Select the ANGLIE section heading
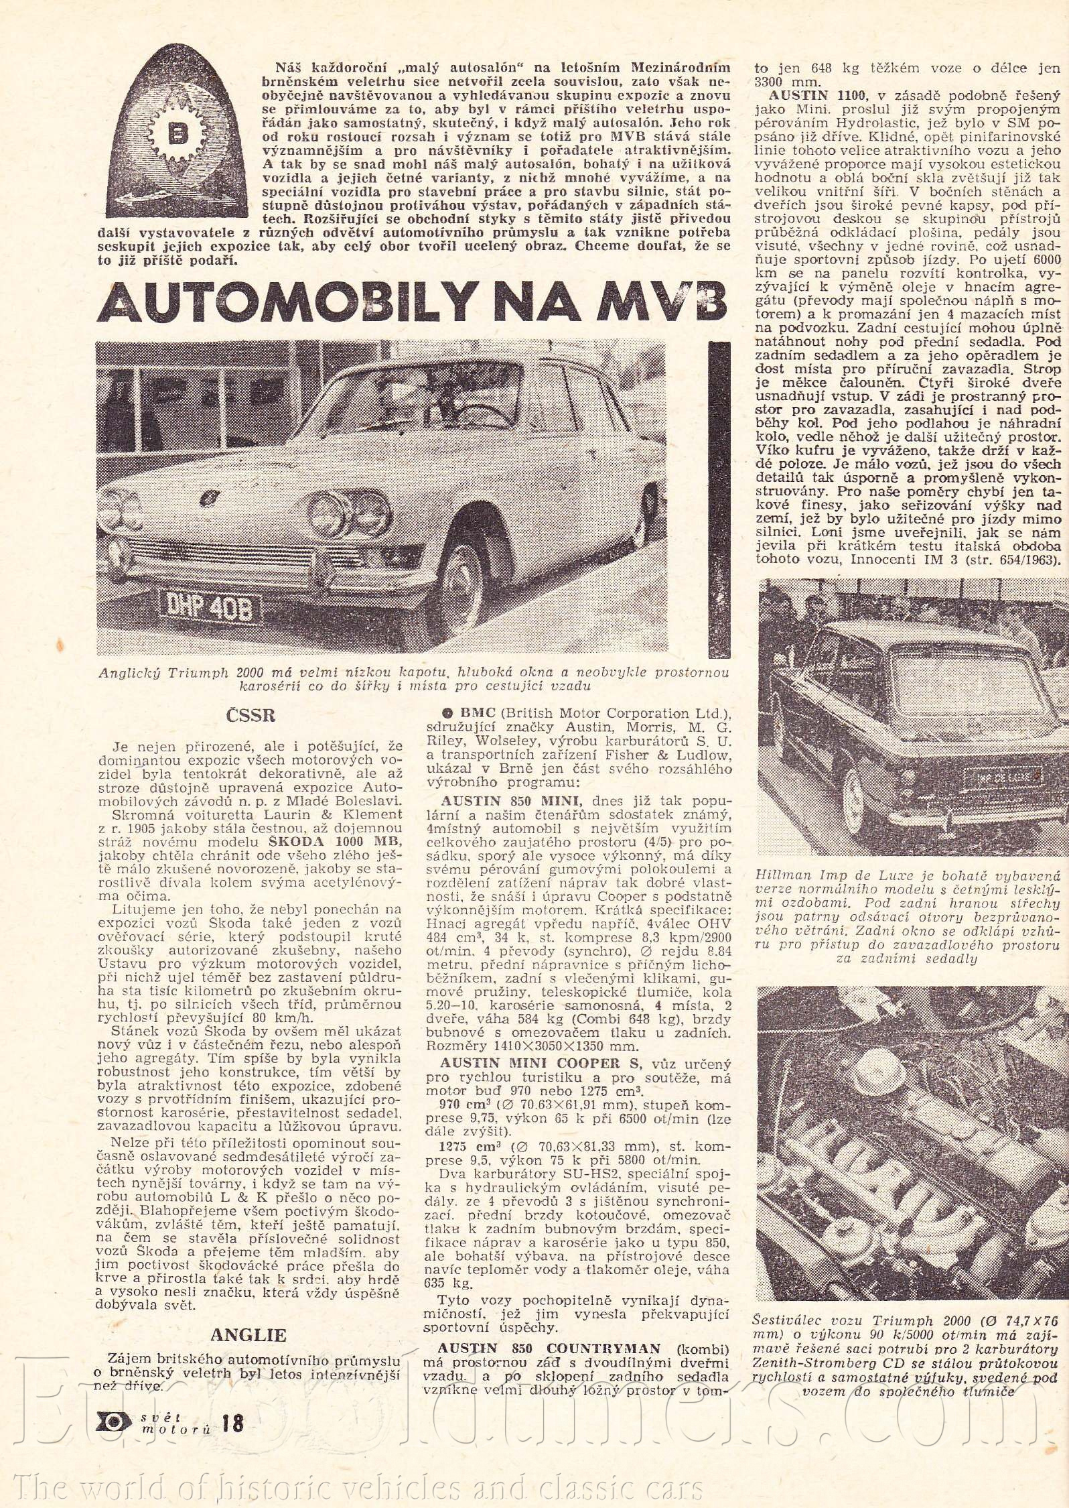(248, 1316)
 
